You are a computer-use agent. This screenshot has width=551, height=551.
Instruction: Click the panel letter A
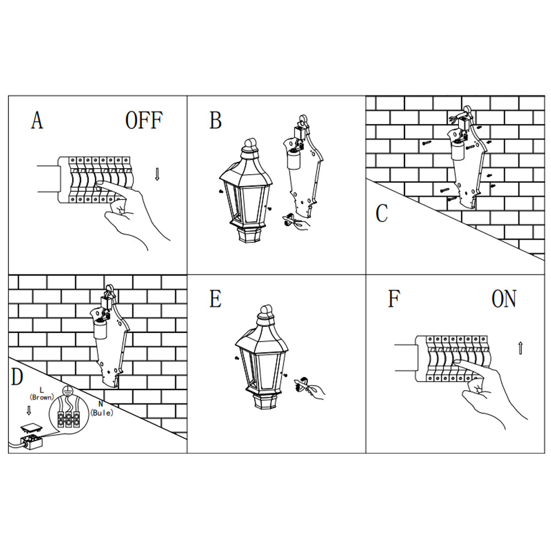[37, 120]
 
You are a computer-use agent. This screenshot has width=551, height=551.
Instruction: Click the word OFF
[144, 120]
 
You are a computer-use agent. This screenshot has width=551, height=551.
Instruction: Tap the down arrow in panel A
[158, 175]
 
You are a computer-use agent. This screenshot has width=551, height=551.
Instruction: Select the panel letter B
[215, 121]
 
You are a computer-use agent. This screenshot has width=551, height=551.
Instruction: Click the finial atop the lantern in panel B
[251, 145]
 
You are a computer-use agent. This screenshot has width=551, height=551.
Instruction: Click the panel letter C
[382, 214]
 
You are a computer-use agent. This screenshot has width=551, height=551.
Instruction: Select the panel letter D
[17, 377]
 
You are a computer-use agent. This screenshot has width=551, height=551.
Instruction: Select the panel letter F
[393, 299]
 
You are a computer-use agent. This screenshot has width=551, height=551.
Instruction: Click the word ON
[504, 299]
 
